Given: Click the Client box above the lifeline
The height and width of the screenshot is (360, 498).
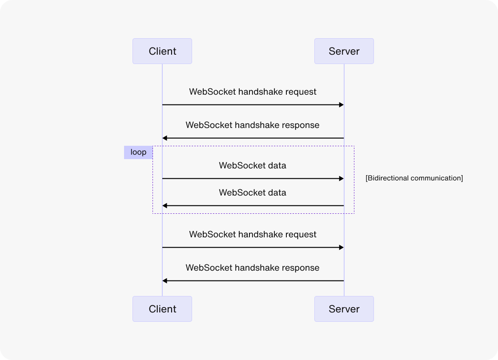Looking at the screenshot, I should point(162,51).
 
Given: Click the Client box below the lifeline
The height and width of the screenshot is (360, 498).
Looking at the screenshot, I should point(162,309).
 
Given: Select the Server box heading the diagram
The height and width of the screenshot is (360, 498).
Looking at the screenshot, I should point(344,51).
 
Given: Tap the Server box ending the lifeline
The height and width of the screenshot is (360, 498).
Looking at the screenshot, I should point(344,309).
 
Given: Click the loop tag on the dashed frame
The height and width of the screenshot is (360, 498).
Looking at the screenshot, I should point(138,152).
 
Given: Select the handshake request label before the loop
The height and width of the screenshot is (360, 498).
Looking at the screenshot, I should point(253,92).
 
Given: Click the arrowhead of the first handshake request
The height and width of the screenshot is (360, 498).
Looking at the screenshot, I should point(341,105).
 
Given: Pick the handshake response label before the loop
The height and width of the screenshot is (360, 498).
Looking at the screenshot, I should point(253,125).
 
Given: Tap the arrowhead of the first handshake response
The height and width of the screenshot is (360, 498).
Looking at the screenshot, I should point(165,138).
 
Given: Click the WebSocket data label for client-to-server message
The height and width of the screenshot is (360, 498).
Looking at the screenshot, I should point(253,166).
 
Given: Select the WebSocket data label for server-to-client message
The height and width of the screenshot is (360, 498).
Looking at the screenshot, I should point(253,193).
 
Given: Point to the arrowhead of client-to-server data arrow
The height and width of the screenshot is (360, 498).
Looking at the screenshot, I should point(341,179).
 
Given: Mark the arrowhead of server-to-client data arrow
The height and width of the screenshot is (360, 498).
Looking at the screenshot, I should point(165,206).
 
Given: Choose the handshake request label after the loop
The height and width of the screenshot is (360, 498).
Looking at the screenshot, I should point(253,235).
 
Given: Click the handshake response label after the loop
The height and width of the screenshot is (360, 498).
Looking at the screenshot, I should point(253,268).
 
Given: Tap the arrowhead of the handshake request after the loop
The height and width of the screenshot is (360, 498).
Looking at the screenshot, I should point(341,247).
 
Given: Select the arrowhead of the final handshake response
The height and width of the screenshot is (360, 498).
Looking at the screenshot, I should point(165,281).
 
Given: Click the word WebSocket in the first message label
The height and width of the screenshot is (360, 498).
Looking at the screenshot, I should point(212,92).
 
